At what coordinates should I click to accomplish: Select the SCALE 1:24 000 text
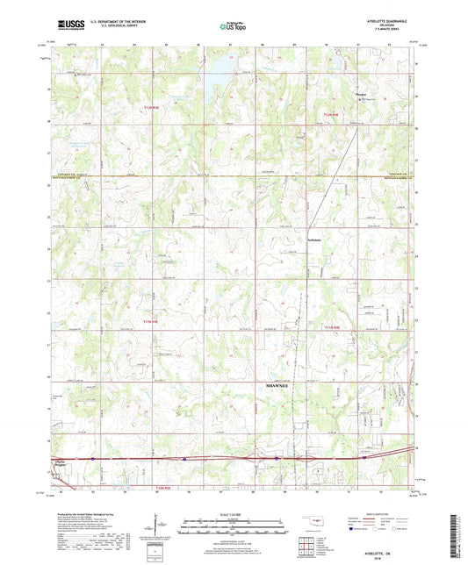233,513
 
